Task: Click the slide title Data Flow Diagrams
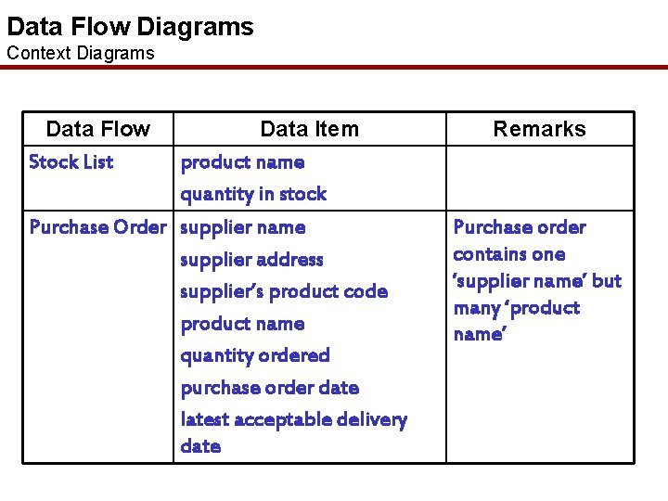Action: tap(130, 26)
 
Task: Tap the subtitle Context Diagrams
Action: tap(81, 53)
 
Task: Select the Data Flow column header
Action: tap(97, 129)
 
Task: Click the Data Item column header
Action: tap(309, 129)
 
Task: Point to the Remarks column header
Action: tap(539, 129)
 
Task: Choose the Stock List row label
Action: tap(71, 162)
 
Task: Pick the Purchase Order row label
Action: tap(97, 227)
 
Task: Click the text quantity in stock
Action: tap(253, 194)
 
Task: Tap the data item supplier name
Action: tap(242, 227)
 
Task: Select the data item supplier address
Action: tap(251, 260)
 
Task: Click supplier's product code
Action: tap(284, 291)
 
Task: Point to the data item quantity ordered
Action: tap(255, 355)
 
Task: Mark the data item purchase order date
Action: tap(269, 388)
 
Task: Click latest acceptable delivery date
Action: tap(293, 432)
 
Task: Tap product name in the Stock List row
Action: tap(242, 162)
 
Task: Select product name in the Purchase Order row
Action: tap(242, 324)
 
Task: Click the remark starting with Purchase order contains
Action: tap(536, 280)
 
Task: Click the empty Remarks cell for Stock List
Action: tap(540, 178)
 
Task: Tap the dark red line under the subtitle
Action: tap(334, 68)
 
